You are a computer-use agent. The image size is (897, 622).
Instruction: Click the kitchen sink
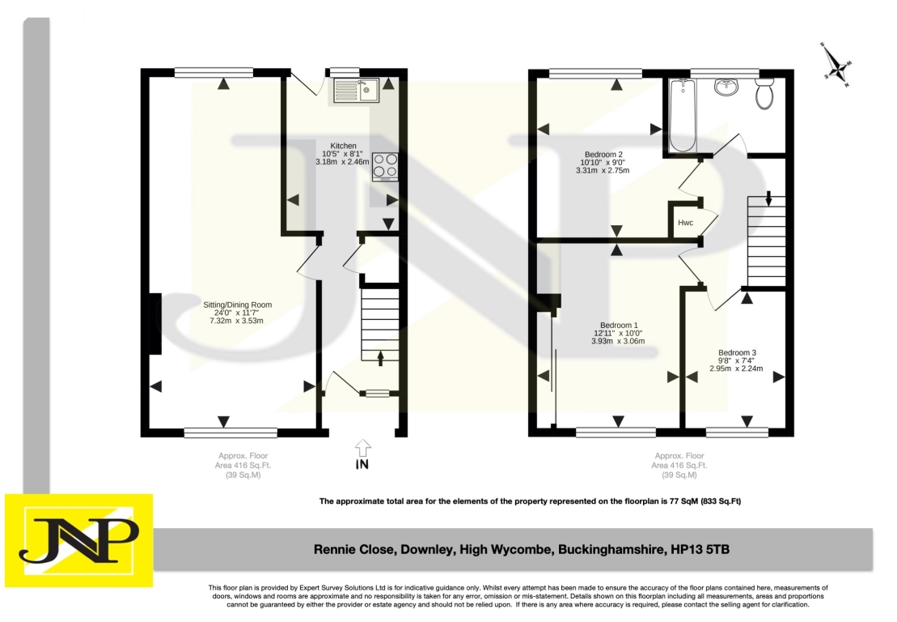[x=356, y=91]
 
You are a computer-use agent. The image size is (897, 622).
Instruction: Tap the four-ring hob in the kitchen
[x=385, y=167]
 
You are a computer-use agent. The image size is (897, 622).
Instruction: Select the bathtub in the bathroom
[x=683, y=115]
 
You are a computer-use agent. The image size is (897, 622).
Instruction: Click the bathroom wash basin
[x=726, y=87]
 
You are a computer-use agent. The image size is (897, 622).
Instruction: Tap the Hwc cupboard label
[x=685, y=222]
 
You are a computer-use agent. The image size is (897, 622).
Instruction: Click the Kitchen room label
[x=343, y=146]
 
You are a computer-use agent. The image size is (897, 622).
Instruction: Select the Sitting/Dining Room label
[x=238, y=305]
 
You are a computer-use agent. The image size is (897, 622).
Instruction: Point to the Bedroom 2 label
[x=603, y=154]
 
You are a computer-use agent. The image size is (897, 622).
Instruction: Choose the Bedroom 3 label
[x=738, y=352]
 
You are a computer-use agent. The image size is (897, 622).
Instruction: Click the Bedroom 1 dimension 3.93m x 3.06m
[x=618, y=341]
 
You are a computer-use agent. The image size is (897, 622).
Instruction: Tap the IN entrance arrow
[x=362, y=448]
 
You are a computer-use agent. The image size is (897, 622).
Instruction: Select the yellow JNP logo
[x=79, y=540]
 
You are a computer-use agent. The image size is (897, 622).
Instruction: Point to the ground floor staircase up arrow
[x=380, y=357]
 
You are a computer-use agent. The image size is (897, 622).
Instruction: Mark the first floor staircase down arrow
[x=769, y=198]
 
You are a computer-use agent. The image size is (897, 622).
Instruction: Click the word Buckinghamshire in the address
[x=611, y=550]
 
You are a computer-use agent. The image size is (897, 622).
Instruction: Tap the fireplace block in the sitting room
[x=155, y=324]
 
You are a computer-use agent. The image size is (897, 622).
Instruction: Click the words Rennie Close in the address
[x=353, y=550]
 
